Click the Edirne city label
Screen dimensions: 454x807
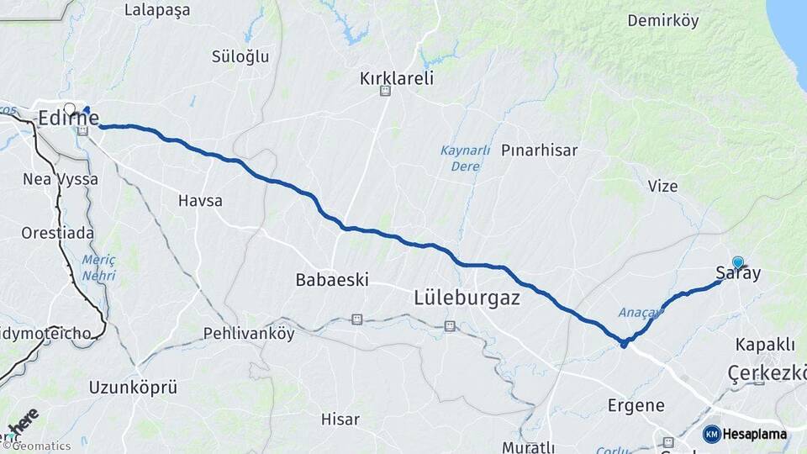[67, 119]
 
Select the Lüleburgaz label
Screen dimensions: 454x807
[467, 298]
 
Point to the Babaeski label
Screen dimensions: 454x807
[332, 280]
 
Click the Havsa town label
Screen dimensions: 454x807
[200, 201]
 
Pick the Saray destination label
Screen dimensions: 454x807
[738, 273]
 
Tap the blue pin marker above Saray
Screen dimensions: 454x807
[738, 261]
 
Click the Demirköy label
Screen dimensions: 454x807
[662, 21]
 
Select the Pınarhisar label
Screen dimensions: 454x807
[540, 150]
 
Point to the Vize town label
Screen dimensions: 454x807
[662, 186]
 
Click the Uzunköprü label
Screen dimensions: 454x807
[133, 388]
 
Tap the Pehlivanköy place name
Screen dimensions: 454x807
[249, 334]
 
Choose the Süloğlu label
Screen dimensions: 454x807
[240, 56]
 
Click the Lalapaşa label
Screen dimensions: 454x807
[157, 10]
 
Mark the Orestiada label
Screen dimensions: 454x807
[58, 232]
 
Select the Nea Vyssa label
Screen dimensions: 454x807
[61, 179]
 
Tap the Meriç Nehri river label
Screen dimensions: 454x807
[98, 267]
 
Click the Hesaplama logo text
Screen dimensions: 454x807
[754, 434]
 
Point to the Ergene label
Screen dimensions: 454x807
[636, 405]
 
